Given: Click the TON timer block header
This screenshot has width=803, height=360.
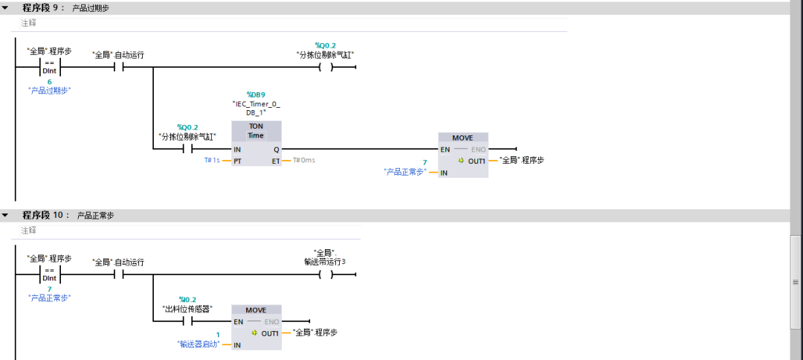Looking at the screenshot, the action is pos(256,126).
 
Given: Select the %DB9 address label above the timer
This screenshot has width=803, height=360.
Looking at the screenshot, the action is pos(256,94).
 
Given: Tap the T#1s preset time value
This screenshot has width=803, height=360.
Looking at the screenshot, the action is pos(212,160).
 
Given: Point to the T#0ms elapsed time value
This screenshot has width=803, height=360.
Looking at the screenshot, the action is pos(303,160).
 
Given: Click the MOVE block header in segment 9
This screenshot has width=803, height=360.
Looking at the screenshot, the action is pos(463,138).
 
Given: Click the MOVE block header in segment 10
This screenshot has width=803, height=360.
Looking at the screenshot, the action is pos(256,310).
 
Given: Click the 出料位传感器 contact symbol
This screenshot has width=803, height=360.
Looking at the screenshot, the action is pos(187,321).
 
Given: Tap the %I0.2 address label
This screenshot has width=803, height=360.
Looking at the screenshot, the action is pos(187,299).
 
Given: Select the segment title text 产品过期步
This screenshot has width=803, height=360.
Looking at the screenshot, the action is pos(91,9).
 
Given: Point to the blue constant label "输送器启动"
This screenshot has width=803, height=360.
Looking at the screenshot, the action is pos(199,344).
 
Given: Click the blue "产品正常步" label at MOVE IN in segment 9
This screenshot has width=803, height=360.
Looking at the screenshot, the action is pos(405,172).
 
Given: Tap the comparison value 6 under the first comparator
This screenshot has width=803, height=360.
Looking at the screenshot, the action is pos(49,82).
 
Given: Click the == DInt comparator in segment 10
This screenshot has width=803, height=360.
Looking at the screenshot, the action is pos(50,274).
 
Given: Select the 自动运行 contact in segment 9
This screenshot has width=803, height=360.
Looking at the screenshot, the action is pos(118,67).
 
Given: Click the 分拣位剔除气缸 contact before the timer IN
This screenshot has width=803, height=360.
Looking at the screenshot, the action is pos(187,149).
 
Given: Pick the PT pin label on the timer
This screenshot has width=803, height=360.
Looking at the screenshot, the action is pos(238,161).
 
